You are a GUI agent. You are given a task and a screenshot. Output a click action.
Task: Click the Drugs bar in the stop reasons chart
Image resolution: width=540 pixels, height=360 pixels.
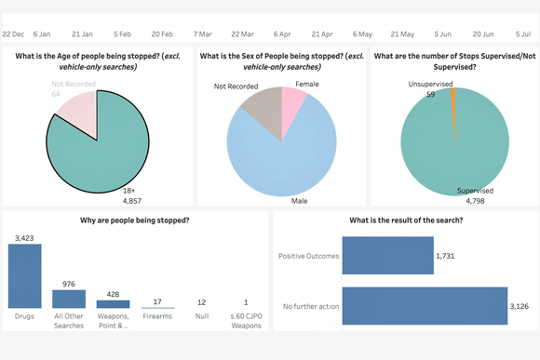24,276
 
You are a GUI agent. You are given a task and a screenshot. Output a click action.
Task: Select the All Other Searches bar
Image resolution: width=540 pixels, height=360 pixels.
69,299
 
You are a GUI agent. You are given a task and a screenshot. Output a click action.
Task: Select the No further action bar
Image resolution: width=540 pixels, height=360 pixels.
425,306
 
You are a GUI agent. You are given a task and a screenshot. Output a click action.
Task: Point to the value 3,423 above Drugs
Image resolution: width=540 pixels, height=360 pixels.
24,238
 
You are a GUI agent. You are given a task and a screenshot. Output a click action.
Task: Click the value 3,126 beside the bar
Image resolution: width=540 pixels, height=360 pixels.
525,306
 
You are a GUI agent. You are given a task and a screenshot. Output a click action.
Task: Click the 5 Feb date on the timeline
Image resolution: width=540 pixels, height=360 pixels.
122,33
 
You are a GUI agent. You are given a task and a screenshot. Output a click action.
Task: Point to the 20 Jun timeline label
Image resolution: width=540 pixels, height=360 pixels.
483,33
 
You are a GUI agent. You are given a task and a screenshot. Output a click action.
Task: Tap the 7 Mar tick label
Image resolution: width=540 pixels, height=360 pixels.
201,33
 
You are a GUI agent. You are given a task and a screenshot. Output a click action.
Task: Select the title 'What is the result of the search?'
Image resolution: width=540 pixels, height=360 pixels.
405,220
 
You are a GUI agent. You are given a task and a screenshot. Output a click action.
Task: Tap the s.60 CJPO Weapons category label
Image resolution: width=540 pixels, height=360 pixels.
247,322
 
